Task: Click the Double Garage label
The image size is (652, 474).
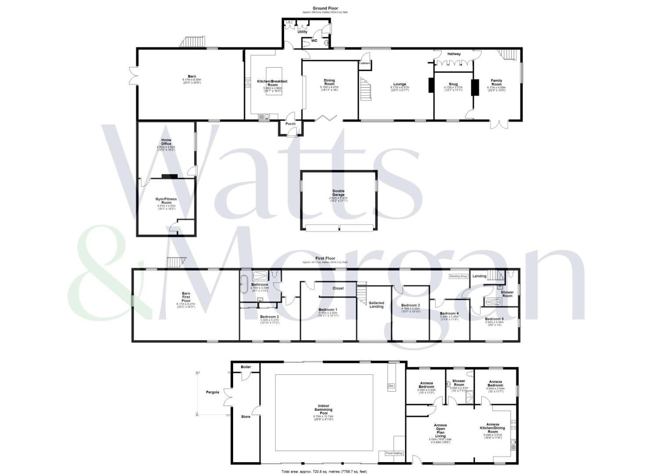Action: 338,193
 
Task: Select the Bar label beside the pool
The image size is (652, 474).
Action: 391,386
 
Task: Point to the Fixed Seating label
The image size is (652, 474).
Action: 393,453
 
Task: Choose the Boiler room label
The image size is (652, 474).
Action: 245,367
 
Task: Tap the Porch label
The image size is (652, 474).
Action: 290,124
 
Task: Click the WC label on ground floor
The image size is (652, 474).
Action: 314,41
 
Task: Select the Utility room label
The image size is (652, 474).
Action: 303,32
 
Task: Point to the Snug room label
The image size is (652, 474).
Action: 453,84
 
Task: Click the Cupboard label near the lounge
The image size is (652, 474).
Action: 364,63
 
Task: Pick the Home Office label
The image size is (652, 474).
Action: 166,142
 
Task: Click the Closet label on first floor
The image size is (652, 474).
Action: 338,288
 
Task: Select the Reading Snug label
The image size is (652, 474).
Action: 458,276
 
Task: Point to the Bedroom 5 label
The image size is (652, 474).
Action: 494,319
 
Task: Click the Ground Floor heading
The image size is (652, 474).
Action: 325,8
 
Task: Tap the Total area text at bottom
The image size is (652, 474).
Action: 324,471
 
